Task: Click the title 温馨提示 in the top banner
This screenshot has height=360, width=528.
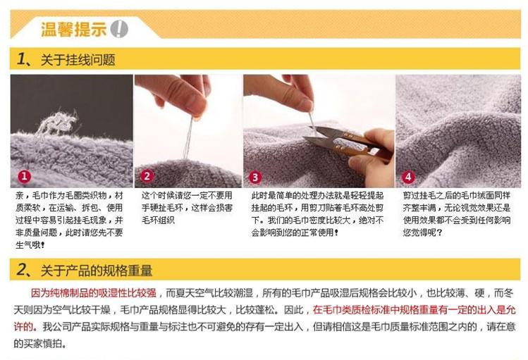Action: click(73, 29)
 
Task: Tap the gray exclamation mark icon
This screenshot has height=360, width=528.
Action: click(119, 29)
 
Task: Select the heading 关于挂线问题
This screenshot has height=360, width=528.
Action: click(78, 60)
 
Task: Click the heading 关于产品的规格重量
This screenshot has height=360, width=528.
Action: click(97, 270)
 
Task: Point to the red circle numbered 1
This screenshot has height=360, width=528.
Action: click(24, 176)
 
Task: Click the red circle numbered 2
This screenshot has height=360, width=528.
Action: click(147, 176)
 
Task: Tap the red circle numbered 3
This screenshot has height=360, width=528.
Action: click(255, 177)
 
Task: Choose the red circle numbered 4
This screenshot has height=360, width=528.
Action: click(408, 177)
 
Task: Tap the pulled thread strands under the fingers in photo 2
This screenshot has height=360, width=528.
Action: click(188, 138)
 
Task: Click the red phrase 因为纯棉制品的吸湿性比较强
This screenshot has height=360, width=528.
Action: click(94, 293)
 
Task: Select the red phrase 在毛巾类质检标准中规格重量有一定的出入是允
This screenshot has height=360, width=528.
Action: click(415, 310)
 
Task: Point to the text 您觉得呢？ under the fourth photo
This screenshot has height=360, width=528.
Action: click(423, 232)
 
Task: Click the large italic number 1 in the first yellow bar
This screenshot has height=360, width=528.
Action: click(21, 59)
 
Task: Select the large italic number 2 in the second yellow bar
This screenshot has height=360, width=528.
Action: click(22, 270)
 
